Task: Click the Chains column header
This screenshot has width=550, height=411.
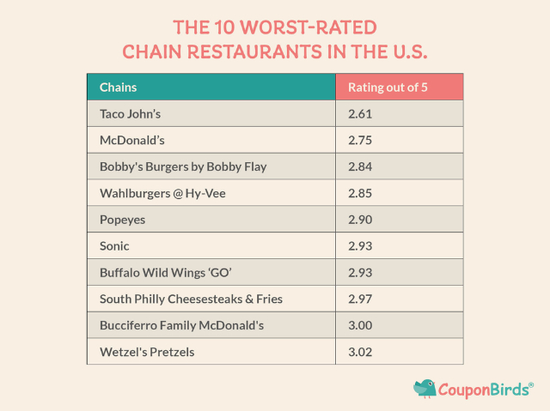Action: (119, 88)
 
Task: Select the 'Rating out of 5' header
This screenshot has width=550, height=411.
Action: (388, 88)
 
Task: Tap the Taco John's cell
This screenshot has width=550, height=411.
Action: (131, 113)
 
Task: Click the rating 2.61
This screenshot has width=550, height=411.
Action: (360, 113)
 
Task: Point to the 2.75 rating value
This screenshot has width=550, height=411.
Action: (360, 140)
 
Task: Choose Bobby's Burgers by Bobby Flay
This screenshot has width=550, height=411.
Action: (183, 166)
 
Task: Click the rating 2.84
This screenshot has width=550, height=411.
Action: (360, 166)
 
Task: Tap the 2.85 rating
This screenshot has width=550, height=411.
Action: (360, 193)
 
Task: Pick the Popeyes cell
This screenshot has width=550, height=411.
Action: (123, 220)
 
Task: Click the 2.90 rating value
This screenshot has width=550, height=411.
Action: (360, 220)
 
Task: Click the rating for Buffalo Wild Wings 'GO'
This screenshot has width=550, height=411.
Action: (360, 272)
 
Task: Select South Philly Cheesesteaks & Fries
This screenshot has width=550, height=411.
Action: (192, 299)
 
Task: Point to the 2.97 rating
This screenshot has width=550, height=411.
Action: (360, 299)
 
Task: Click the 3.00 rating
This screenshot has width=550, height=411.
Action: (360, 325)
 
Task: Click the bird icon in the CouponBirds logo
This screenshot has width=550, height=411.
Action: (425, 388)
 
